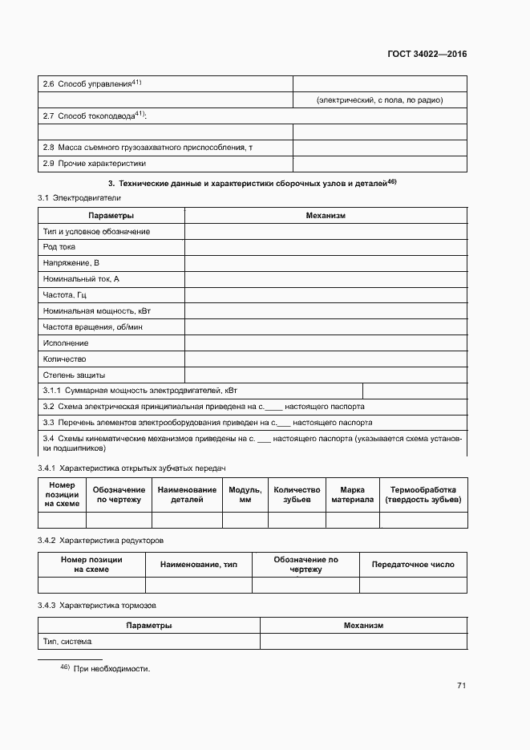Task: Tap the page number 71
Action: tap(462, 685)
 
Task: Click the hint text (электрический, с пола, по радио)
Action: tap(379, 100)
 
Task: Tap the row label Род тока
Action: tap(59, 247)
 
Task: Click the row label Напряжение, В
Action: tap(71, 263)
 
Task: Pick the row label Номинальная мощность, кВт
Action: tap(96, 311)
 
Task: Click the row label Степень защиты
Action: tap(74, 375)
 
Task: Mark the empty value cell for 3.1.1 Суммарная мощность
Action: tap(415, 391)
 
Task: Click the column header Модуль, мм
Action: tap(245, 494)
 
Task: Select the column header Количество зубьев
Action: tap(297, 494)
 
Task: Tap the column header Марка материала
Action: tap(353, 494)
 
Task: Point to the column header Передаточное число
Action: tap(413, 565)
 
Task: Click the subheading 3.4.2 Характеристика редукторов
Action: tap(100, 540)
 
